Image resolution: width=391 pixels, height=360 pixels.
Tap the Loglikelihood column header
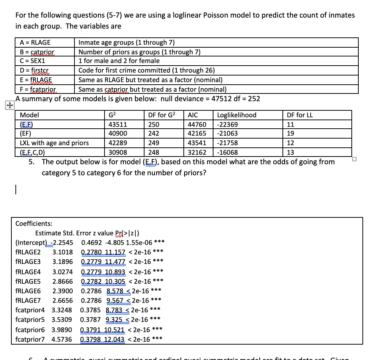click(x=237, y=115)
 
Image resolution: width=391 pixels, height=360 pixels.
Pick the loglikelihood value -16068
click(x=227, y=153)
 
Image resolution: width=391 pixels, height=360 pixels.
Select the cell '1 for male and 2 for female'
click(x=119, y=61)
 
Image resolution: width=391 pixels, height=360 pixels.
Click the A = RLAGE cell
click(x=35, y=43)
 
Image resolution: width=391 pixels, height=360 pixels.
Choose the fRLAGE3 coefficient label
click(x=28, y=262)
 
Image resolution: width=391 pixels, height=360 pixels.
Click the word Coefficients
click(x=34, y=223)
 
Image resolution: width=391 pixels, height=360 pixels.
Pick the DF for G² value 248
click(x=154, y=153)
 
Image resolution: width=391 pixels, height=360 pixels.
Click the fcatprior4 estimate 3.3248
click(x=62, y=310)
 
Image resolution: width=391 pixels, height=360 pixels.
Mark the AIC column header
click(x=193, y=115)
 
